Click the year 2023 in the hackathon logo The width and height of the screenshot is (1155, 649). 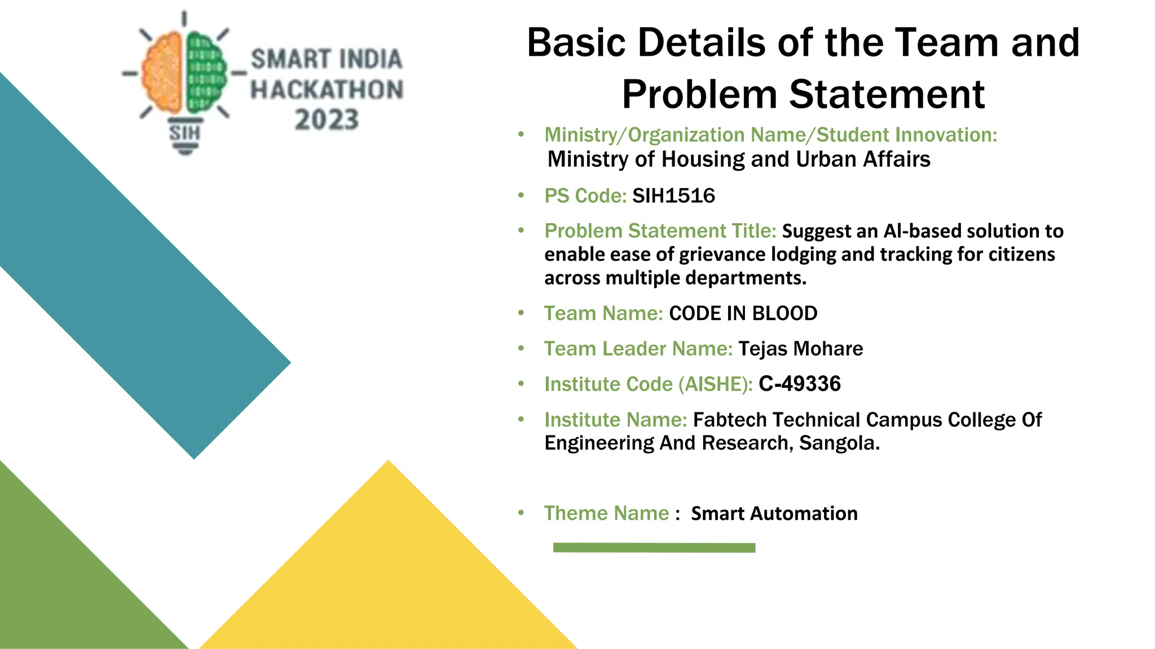pyautogui.click(x=327, y=120)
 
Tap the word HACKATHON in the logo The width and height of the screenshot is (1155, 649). pyautogui.click(x=327, y=90)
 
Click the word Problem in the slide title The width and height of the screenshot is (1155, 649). pyautogui.click(x=699, y=94)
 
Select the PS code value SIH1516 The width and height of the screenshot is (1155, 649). pyautogui.click(x=673, y=196)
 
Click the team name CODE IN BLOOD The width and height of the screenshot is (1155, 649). pyautogui.click(x=743, y=313)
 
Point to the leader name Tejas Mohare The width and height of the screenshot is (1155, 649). pyautogui.click(x=800, y=349)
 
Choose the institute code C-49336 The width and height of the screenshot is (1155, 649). pyautogui.click(x=799, y=384)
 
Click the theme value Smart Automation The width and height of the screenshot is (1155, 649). pyautogui.click(x=774, y=514)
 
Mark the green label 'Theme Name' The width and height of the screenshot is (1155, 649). pyautogui.click(x=606, y=514)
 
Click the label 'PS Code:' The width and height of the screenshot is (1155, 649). pyautogui.click(x=585, y=196)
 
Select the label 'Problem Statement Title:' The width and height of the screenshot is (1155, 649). pyautogui.click(x=660, y=231)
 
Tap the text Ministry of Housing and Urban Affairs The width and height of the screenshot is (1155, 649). pyautogui.click(x=738, y=159)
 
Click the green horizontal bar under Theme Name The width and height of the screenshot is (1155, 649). pyautogui.click(x=654, y=548)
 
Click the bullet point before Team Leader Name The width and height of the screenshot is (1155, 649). pyautogui.click(x=521, y=349)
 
